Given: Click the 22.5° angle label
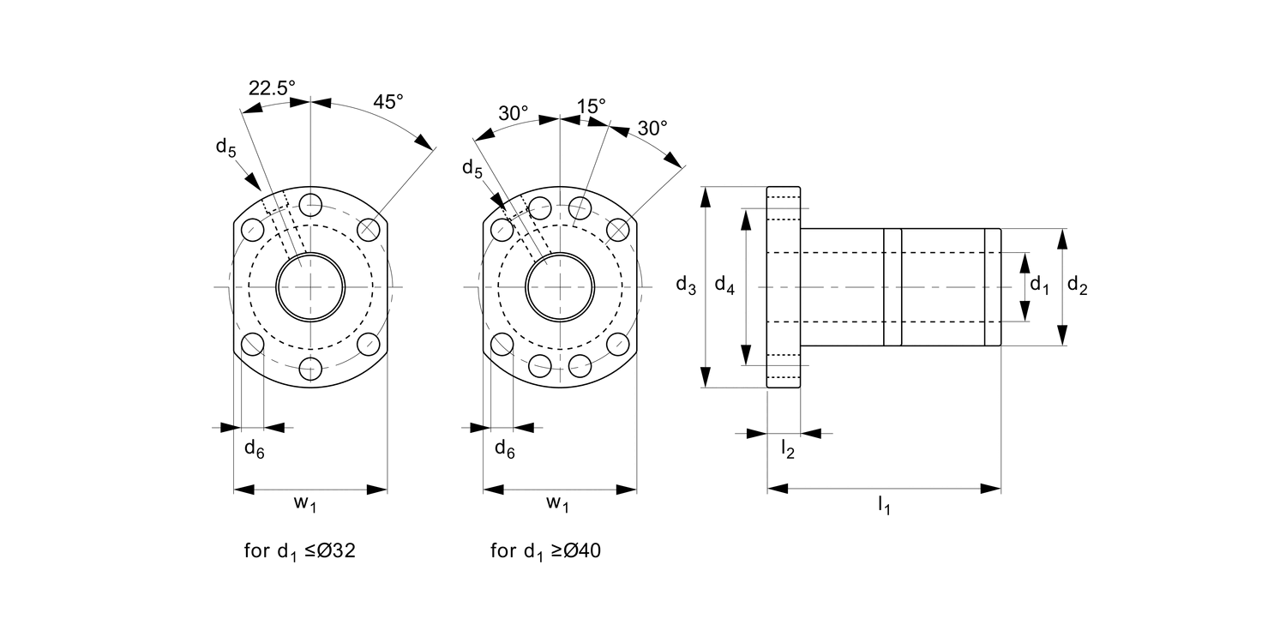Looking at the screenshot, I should [272, 87].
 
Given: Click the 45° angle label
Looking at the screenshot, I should [388, 101].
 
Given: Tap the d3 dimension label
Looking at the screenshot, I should [685, 285].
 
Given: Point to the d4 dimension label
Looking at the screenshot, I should [724, 285].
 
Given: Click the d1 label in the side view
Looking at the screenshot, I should [1039, 285].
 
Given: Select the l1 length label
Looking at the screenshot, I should [884, 507].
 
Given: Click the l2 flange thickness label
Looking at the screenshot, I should [787, 448].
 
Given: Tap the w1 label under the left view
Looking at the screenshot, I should [306, 504].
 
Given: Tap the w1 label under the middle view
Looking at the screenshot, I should [557, 504].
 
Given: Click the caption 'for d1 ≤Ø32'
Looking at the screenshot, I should [299, 551].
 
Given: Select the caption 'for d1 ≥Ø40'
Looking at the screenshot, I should [546, 551].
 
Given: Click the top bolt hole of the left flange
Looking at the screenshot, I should [310, 205].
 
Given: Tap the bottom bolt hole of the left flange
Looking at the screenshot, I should [310, 369].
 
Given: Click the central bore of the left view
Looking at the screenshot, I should [310, 287].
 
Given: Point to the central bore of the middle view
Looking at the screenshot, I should [560, 287].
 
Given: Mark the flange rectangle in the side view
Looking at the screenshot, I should [783, 287].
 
